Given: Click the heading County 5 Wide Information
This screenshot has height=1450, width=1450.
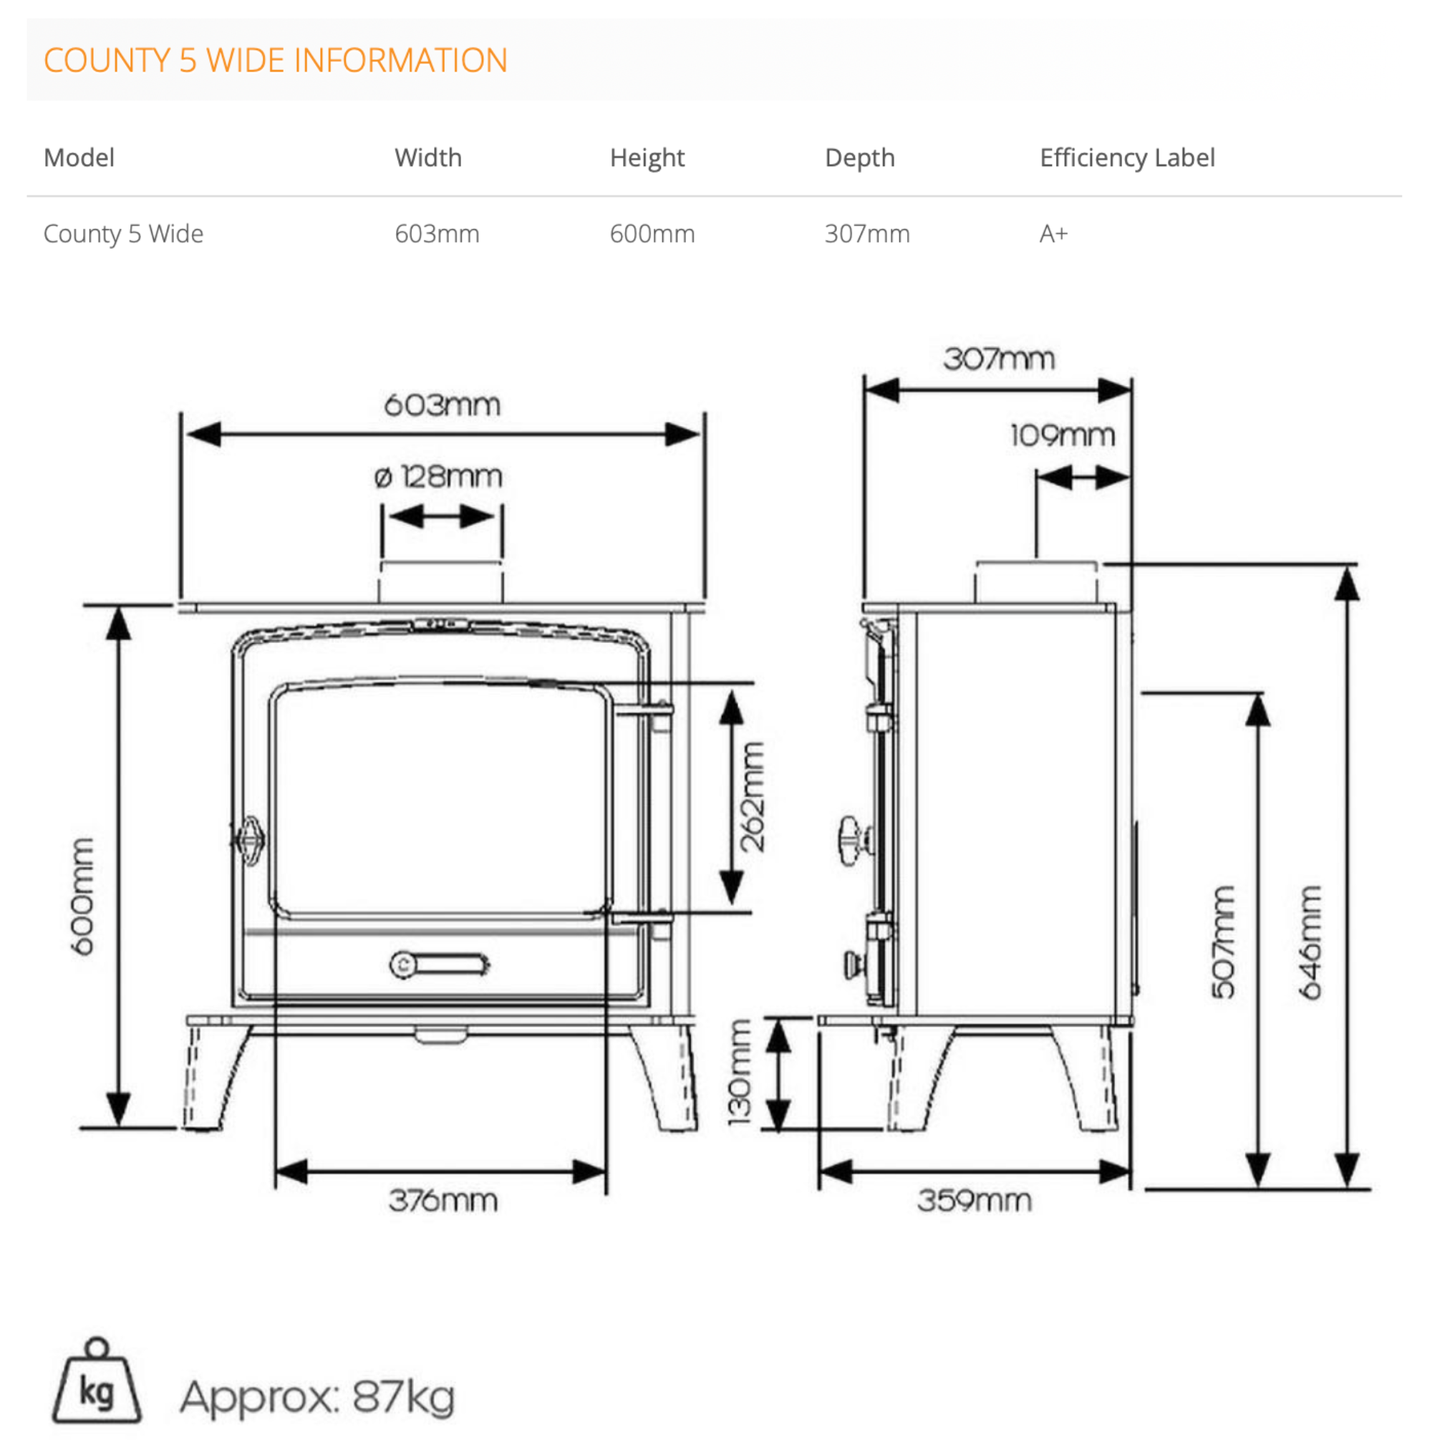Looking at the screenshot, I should pos(276,60).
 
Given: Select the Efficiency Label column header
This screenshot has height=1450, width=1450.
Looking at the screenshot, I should pos(1126,158).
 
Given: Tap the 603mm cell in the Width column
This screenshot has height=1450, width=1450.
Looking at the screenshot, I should pos(437,234).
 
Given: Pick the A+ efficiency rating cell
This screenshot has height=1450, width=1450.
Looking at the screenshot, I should pos(1053,234).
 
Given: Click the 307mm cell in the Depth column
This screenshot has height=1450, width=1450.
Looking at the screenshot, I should pos(867,234).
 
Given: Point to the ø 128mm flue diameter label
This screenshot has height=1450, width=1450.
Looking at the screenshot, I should pos(438,477).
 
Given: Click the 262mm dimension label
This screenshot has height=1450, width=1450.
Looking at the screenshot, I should pos(752,796).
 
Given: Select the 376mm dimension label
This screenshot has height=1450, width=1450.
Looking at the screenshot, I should pos(443,1201).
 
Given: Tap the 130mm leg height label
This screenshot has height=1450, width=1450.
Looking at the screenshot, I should pos(740,1073).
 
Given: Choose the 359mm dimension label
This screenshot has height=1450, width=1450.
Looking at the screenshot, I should pos(974,1201).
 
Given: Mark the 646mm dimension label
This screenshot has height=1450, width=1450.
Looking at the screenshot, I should pos(1310,942).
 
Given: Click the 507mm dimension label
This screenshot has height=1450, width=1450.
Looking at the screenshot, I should pos(1223,942).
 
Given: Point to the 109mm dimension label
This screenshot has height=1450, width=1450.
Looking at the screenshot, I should pos(1062,435).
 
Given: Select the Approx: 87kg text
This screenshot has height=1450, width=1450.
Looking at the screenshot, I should pos(317,1398).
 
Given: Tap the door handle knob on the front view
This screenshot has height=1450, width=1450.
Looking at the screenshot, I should pos(250,841).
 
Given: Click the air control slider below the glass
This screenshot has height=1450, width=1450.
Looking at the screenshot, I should pos(440,965).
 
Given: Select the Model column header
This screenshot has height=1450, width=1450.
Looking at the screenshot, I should pos(79,158).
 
